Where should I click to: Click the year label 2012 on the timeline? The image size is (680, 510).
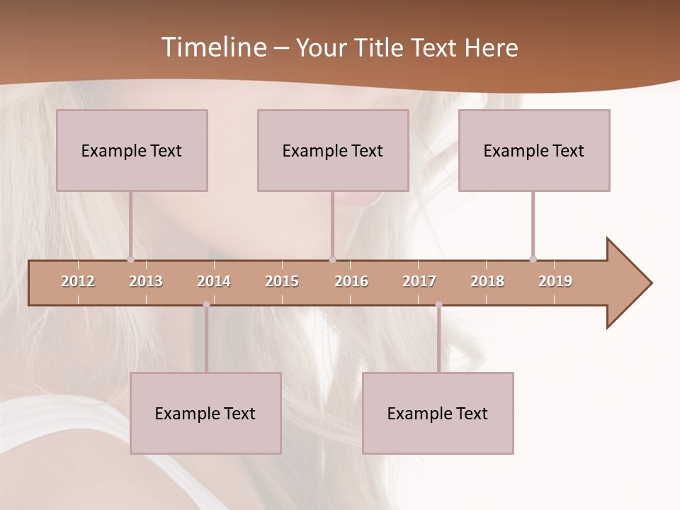[x=78, y=281]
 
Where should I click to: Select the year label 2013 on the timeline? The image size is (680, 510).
[x=146, y=281]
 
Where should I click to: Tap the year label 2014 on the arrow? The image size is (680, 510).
[x=214, y=281]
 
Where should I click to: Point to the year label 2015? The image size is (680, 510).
[x=282, y=281]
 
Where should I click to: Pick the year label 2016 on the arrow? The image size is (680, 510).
[x=351, y=281]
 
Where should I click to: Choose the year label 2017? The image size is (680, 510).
[x=419, y=281]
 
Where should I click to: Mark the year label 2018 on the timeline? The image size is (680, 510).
[x=487, y=281]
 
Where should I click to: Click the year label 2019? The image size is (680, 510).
[x=555, y=281]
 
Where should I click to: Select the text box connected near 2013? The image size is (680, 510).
[x=132, y=150]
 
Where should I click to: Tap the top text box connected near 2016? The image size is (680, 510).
[x=333, y=150]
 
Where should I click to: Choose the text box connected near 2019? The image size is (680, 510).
[x=534, y=150]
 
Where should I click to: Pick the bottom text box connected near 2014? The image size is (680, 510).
[x=205, y=413]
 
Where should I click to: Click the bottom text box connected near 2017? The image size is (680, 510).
[x=438, y=413]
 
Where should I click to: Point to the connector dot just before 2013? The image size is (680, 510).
[x=130, y=259]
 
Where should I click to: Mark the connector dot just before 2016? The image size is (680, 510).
[x=333, y=259]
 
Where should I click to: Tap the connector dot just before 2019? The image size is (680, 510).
[x=533, y=259]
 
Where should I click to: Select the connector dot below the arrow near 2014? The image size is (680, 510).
[x=206, y=305]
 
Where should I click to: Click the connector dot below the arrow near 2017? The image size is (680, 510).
[x=438, y=305]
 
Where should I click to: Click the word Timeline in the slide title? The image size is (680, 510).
[x=212, y=47]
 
